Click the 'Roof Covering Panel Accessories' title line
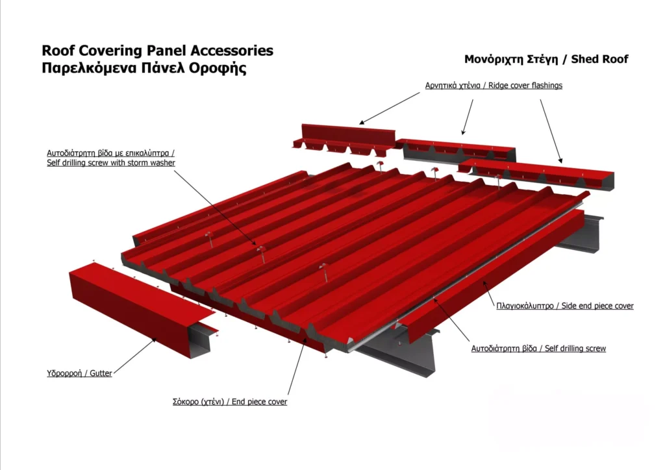[x=157, y=51]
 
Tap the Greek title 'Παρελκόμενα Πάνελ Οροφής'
[x=144, y=68]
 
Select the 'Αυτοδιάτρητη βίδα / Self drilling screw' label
[x=538, y=349]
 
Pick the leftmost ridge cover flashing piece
[x=344, y=138]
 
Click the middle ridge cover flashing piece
[x=456, y=151]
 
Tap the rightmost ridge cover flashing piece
[x=536, y=173]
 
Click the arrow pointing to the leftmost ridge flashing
[x=390, y=108]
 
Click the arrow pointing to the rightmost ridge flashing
[x=551, y=131]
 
